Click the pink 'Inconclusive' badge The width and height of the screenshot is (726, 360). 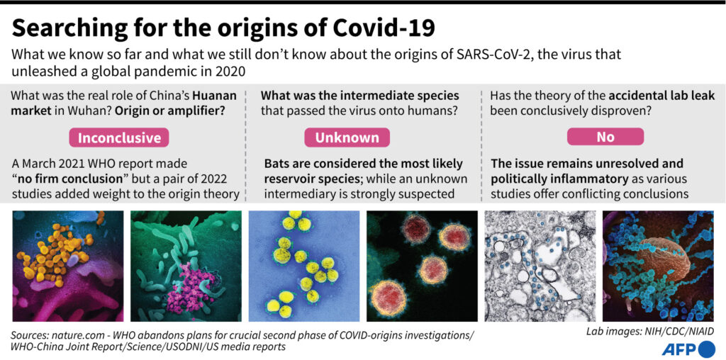tap(119, 137)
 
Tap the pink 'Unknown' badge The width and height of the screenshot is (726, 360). tap(347, 137)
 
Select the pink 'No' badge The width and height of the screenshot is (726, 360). tap(605, 137)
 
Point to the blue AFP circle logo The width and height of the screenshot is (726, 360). tap(707, 349)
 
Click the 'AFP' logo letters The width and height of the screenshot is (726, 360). tap(680, 349)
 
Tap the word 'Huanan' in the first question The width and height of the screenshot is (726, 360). tap(215, 96)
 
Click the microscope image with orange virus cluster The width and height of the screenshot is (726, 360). tap(68, 266)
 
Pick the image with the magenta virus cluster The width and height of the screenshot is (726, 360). tap(186, 266)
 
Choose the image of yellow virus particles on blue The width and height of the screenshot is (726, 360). tap(304, 266)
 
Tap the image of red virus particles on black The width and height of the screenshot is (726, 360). tap(423, 266)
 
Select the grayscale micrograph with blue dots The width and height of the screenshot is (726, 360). tap(540, 266)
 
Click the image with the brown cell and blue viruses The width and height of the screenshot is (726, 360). tap(658, 266)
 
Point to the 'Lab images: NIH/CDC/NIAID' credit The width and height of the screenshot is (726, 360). tap(650, 332)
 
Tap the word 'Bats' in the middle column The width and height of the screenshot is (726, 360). tap(277, 164)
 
